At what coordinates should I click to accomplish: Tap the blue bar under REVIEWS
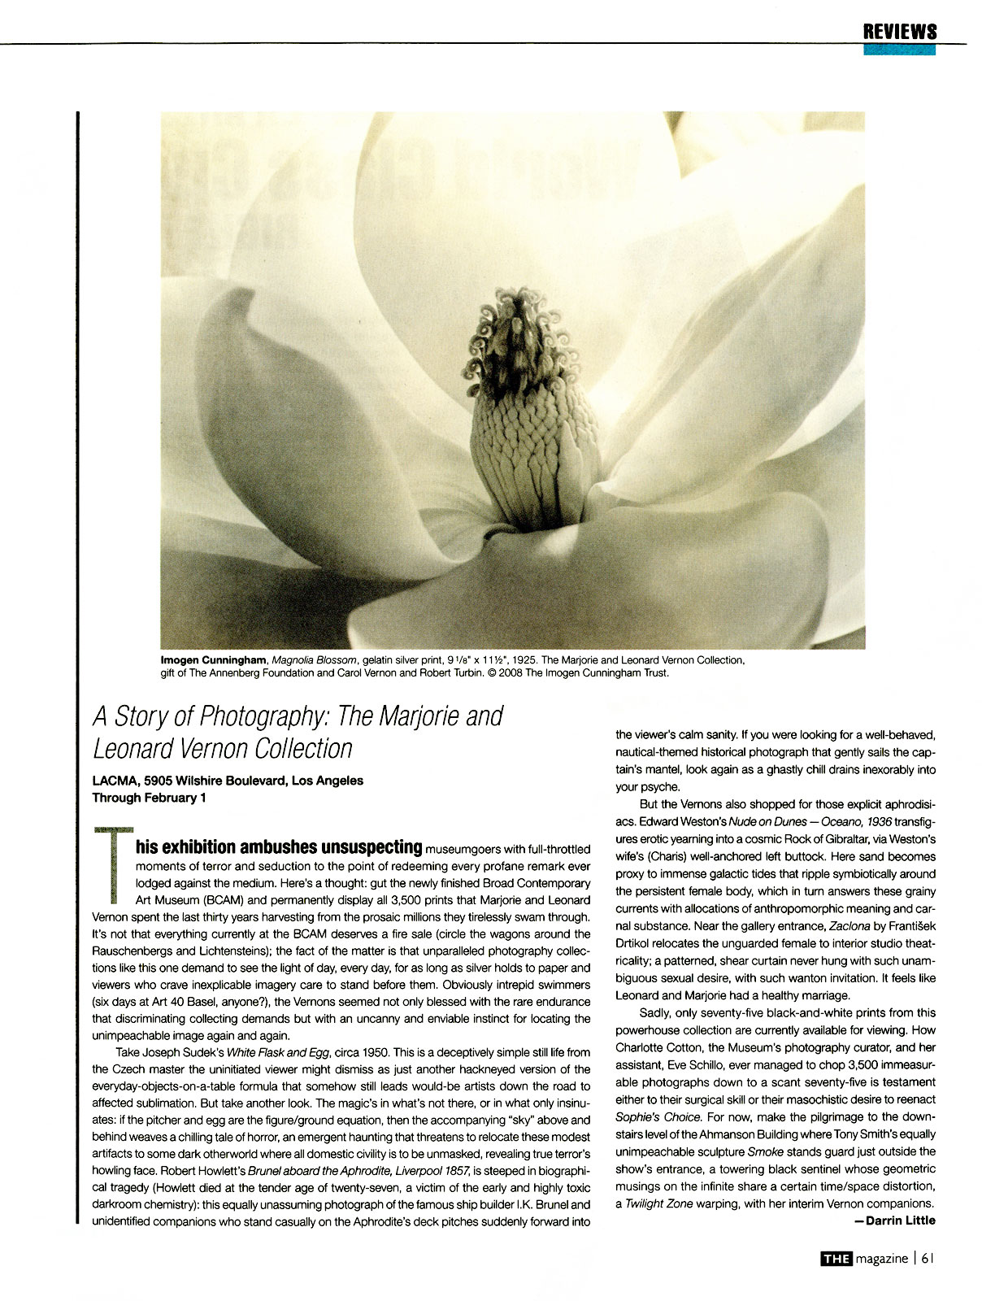(x=899, y=50)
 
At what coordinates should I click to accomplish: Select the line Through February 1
(x=150, y=798)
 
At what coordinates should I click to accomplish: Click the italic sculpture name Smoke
(x=765, y=1151)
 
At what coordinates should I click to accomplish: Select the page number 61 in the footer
(x=928, y=1259)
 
